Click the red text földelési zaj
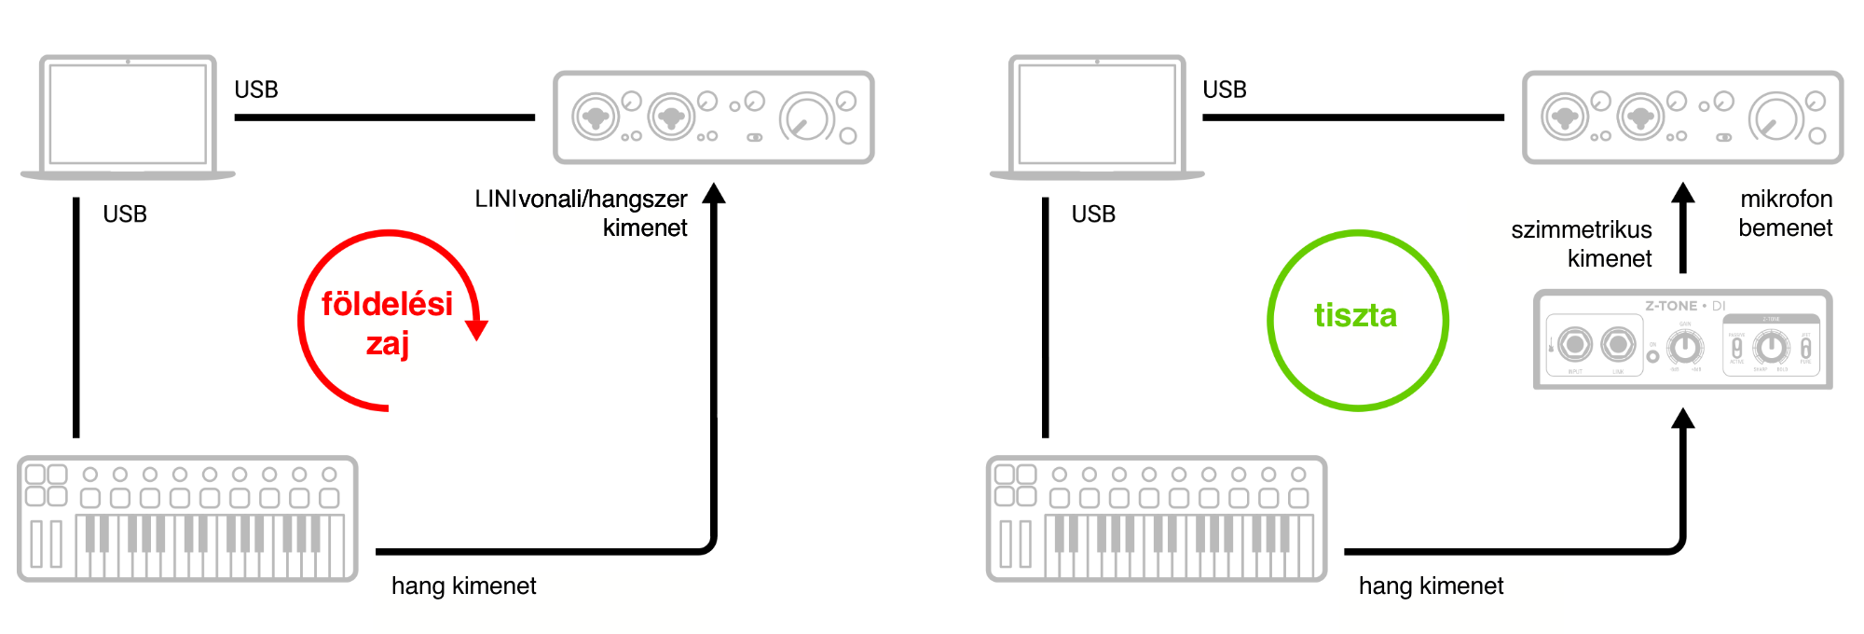click(x=387, y=323)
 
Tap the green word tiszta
click(x=1355, y=316)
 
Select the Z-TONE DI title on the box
click(x=1684, y=306)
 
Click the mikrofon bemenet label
click(x=1786, y=214)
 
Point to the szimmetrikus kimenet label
click(x=1582, y=243)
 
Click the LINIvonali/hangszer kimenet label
click(x=582, y=214)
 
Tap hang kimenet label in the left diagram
click(x=463, y=586)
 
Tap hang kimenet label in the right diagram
click(x=1431, y=586)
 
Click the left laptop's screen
click(x=128, y=114)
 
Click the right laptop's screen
click(x=1097, y=114)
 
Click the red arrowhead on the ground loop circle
click(x=476, y=329)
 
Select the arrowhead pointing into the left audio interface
click(x=714, y=193)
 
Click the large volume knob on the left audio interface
click(x=806, y=118)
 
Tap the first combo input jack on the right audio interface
click(x=1565, y=117)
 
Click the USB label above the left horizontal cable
click(x=256, y=90)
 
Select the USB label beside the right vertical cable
click(x=1093, y=214)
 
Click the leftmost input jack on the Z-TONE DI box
click(x=1574, y=345)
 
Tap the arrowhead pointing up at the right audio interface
click(x=1682, y=193)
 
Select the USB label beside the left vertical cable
click(x=125, y=214)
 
